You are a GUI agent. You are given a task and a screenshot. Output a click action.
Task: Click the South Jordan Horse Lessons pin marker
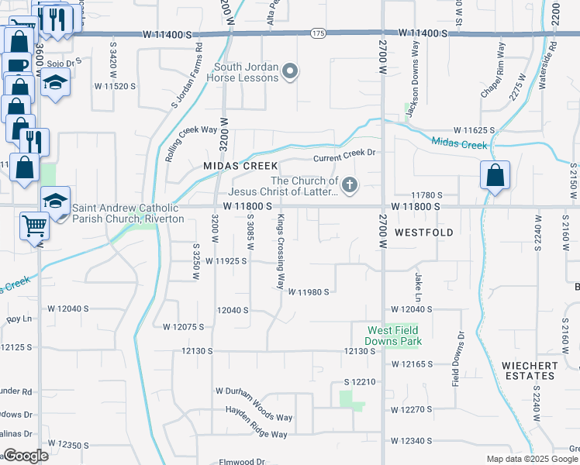(x=290, y=73)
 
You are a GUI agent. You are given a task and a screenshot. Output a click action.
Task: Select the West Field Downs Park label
(x=394, y=336)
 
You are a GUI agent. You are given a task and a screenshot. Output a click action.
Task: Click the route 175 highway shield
(x=318, y=33)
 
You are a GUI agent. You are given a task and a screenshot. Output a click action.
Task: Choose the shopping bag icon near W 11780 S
(x=495, y=176)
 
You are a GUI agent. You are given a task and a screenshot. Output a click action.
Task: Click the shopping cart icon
(x=34, y=226)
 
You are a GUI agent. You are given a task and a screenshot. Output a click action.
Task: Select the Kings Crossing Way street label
(x=281, y=252)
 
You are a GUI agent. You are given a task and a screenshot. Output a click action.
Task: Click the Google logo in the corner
(x=25, y=456)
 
